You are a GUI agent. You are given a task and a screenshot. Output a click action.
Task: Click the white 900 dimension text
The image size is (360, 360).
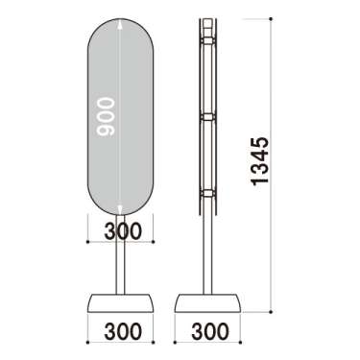(106, 117)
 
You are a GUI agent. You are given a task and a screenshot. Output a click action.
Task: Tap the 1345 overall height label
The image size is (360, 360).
(259, 161)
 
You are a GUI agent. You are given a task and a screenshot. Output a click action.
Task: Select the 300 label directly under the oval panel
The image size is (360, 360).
(123, 230)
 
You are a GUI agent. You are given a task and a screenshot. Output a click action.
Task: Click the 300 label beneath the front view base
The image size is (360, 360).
(123, 331)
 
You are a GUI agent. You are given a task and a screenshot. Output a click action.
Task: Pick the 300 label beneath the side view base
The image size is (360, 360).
(210, 331)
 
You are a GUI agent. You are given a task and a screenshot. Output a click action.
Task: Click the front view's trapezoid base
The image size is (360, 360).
(120, 303)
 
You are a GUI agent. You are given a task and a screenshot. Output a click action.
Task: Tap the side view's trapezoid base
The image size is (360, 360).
(207, 303)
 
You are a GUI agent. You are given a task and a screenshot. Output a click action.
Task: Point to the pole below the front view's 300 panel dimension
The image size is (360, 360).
(120, 268)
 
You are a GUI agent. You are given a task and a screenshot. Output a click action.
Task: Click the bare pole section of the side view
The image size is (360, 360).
(207, 254)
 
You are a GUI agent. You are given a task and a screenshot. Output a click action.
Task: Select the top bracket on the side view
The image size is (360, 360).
(208, 40)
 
